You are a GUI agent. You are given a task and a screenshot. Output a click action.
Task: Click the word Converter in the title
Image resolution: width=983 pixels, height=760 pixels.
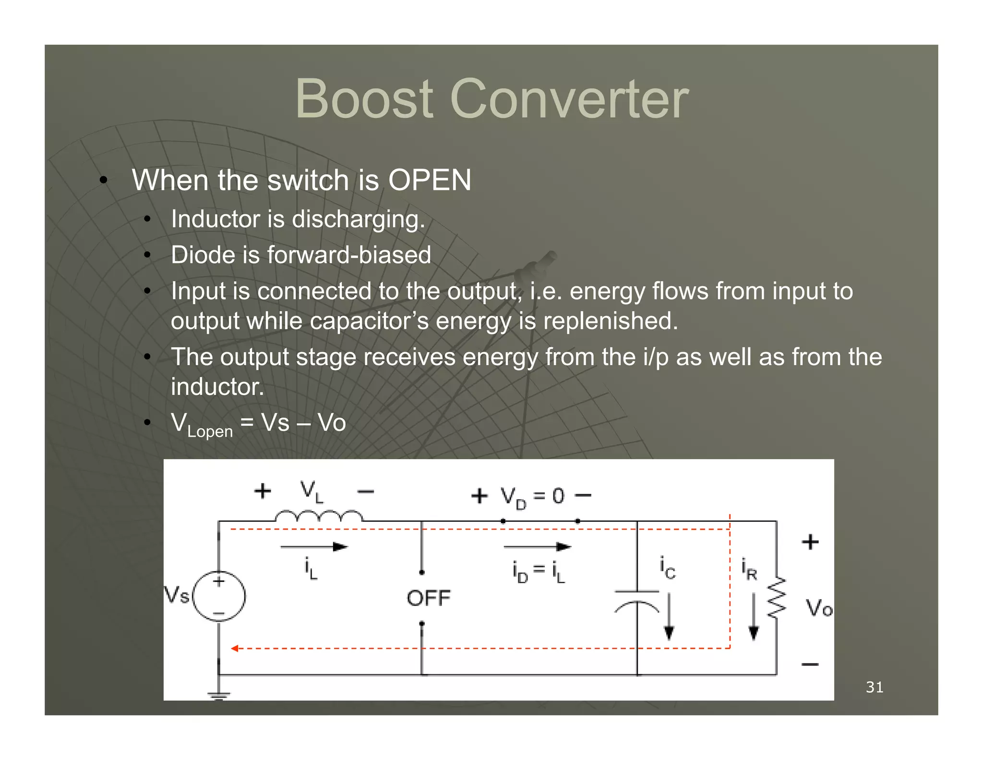(569, 99)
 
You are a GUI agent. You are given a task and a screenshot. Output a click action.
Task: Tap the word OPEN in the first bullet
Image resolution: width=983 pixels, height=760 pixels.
(430, 180)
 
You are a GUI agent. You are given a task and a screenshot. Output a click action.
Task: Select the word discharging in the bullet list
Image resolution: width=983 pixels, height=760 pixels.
(358, 220)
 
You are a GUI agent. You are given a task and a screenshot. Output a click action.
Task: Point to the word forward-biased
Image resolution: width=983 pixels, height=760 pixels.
(349, 255)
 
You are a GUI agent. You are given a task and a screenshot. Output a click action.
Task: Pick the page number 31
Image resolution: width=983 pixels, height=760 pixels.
(875, 687)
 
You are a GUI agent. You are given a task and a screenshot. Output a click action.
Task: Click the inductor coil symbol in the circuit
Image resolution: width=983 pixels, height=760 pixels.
(319, 517)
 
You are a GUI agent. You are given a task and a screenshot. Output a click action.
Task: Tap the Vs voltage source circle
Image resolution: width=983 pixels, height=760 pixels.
(219, 596)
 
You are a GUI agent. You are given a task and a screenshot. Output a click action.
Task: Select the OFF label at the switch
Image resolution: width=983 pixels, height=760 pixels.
(429, 599)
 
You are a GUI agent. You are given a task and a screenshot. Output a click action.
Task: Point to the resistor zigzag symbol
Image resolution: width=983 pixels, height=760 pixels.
(777, 598)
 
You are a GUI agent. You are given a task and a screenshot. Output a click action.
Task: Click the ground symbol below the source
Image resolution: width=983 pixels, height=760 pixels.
(219, 696)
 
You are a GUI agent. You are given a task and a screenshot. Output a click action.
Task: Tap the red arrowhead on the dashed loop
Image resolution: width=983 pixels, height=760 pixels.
(234, 649)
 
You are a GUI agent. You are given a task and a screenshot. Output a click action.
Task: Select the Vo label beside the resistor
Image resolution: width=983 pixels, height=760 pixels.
(819, 608)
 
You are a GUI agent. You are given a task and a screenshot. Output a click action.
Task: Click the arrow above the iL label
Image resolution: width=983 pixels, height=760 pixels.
(314, 547)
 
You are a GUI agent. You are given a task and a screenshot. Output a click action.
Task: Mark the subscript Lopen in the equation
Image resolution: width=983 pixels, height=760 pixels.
(210, 431)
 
